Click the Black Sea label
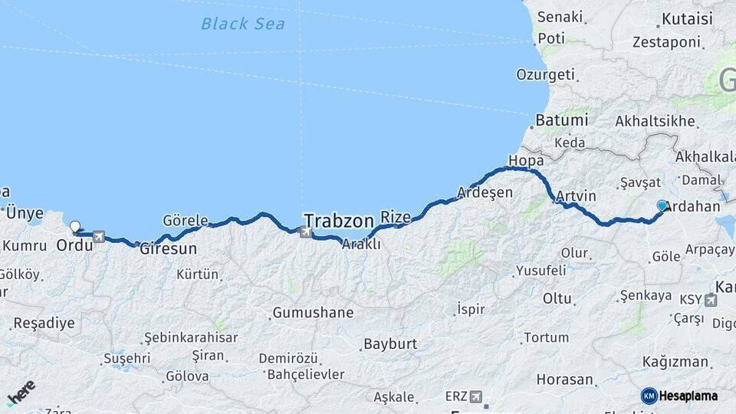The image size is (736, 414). click(242, 24)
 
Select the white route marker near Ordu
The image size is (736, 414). click(74, 227)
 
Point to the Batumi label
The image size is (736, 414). click(562, 120)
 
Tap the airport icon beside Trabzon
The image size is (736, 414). click(307, 232)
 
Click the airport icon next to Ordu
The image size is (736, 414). click(98, 237)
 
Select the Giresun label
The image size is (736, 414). click(168, 249)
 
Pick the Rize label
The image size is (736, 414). click(396, 216)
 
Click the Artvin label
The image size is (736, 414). click(577, 196)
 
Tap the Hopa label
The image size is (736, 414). click(526, 161)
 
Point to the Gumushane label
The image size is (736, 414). click(313, 313)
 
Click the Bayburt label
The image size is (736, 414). click(389, 343)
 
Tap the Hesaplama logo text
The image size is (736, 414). click(685, 396)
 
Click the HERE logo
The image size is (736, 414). click(21, 396)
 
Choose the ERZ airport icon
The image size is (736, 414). click(477, 396)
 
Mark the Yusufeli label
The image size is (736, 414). click(540, 271)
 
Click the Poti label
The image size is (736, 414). click(550, 38)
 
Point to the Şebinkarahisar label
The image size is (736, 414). click(191, 337)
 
